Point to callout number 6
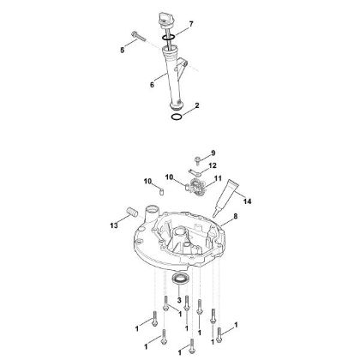(152, 84)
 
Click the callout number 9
(213, 153)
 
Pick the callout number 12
(213, 164)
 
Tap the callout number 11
(218, 178)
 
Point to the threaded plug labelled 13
(130, 212)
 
